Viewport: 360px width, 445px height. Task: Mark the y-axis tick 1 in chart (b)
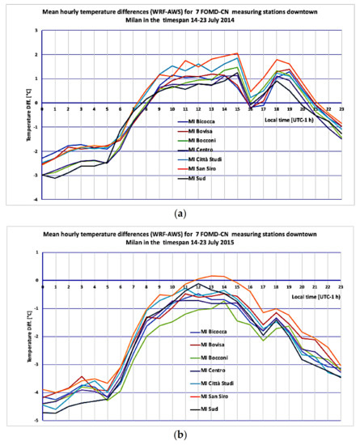(34, 252)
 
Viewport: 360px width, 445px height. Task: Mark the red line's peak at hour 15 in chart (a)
(237, 53)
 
